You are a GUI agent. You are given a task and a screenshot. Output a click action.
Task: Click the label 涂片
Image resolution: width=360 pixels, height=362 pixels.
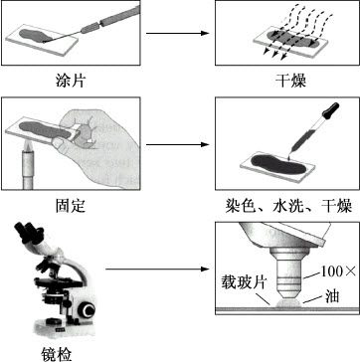click(x=68, y=77)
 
